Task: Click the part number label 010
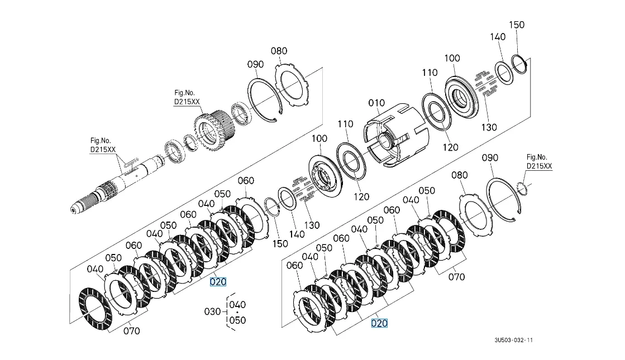(x=376, y=103)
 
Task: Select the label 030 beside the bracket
(x=212, y=311)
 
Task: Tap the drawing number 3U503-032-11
(x=513, y=340)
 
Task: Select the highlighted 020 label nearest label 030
(x=218, y=281)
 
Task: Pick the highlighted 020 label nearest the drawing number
(x=379, y=323)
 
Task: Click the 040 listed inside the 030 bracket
(x=237, y=305)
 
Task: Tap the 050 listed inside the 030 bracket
(x=237, y=320)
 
